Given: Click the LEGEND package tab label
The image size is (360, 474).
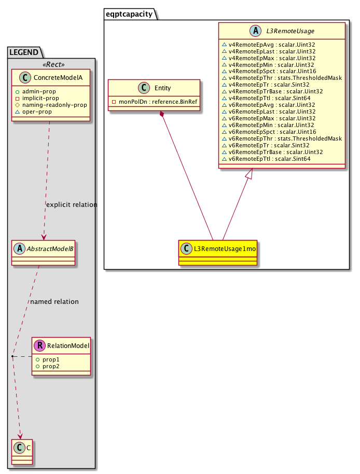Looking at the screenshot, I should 24,52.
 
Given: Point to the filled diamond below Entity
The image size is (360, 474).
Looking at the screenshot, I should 162,114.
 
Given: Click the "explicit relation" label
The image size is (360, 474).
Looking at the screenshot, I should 72,205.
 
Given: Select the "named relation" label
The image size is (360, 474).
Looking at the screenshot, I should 54,301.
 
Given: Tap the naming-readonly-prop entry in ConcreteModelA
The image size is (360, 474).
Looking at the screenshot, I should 54,105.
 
